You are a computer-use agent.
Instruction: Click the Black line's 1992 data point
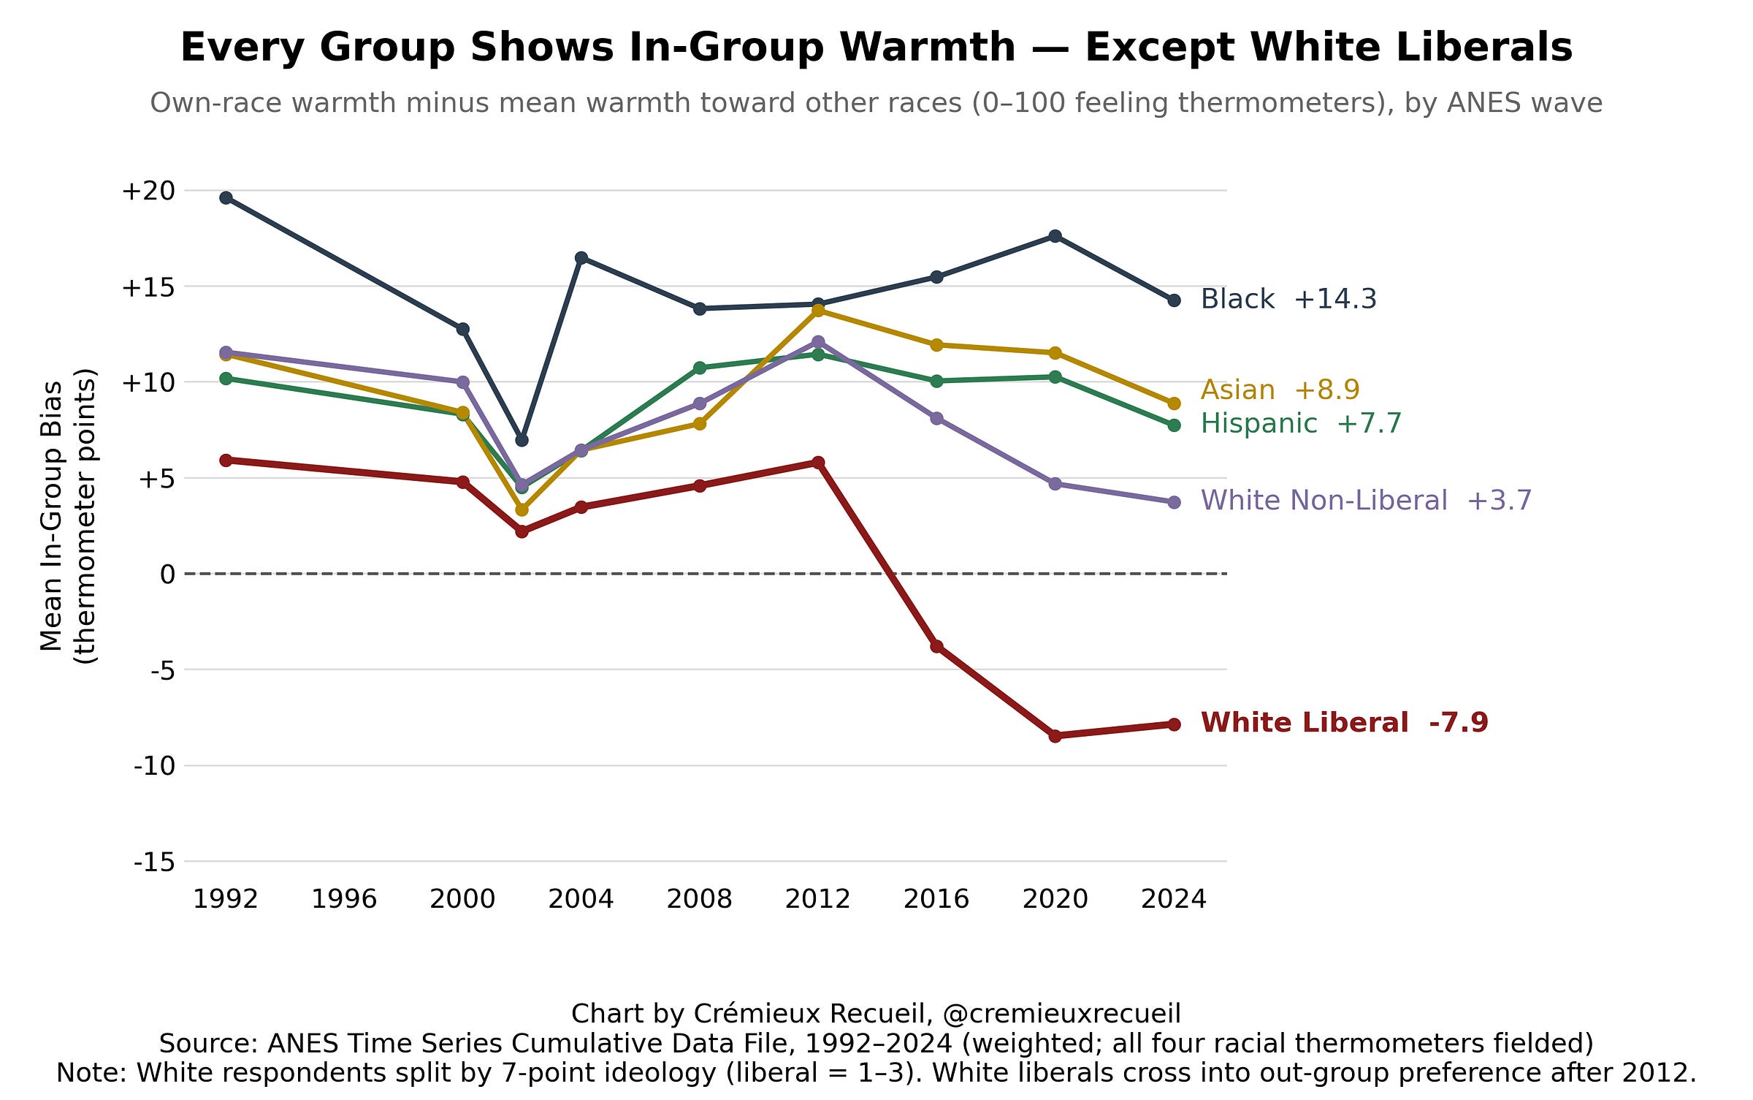pos(226,198)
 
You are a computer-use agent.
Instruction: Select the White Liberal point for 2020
pos(1055,736)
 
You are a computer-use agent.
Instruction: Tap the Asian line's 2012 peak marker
pos(818,311)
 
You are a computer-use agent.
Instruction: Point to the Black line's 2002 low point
pos(522,440)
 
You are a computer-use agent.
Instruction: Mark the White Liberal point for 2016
pos(936,646)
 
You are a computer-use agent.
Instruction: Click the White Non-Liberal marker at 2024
pos(1174,502)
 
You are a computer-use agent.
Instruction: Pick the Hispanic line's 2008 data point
pos(700,368)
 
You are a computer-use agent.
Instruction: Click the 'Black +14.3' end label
pos(1288,299)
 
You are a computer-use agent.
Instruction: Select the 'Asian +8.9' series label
pos(1280,390)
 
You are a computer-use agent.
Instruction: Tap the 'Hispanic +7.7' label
pos(1301,423)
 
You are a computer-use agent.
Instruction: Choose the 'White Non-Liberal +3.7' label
pos(1366,501)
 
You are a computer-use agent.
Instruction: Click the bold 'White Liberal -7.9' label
pos(1344,722)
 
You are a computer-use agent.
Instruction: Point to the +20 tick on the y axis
pos(149,191)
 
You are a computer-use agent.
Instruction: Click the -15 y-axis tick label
pos(155,862)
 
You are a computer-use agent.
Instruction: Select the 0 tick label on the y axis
pos(168,574)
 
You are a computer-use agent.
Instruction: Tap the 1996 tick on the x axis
pos(344,899)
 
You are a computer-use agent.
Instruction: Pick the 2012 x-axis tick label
pos(818,899)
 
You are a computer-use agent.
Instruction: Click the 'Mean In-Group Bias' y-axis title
pos(52,516)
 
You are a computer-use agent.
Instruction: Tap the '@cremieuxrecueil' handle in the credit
pos(1062,1014)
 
